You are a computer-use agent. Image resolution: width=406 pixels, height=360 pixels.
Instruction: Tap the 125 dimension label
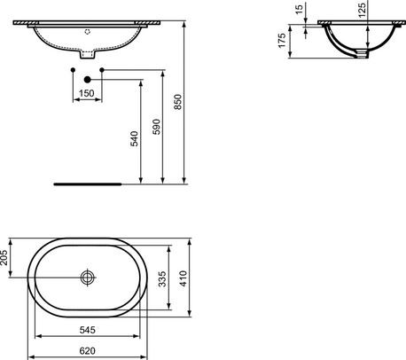(363, 13)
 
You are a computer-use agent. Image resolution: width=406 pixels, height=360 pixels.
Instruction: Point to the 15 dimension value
(301, 11)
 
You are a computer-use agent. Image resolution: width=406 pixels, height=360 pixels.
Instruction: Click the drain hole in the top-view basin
(87, 278)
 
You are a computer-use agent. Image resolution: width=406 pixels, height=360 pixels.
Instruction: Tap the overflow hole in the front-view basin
(87, 29)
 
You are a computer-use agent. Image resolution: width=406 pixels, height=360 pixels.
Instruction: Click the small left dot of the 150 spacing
(72, 68)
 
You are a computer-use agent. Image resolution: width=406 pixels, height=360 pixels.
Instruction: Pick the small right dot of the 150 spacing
(103, 68)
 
